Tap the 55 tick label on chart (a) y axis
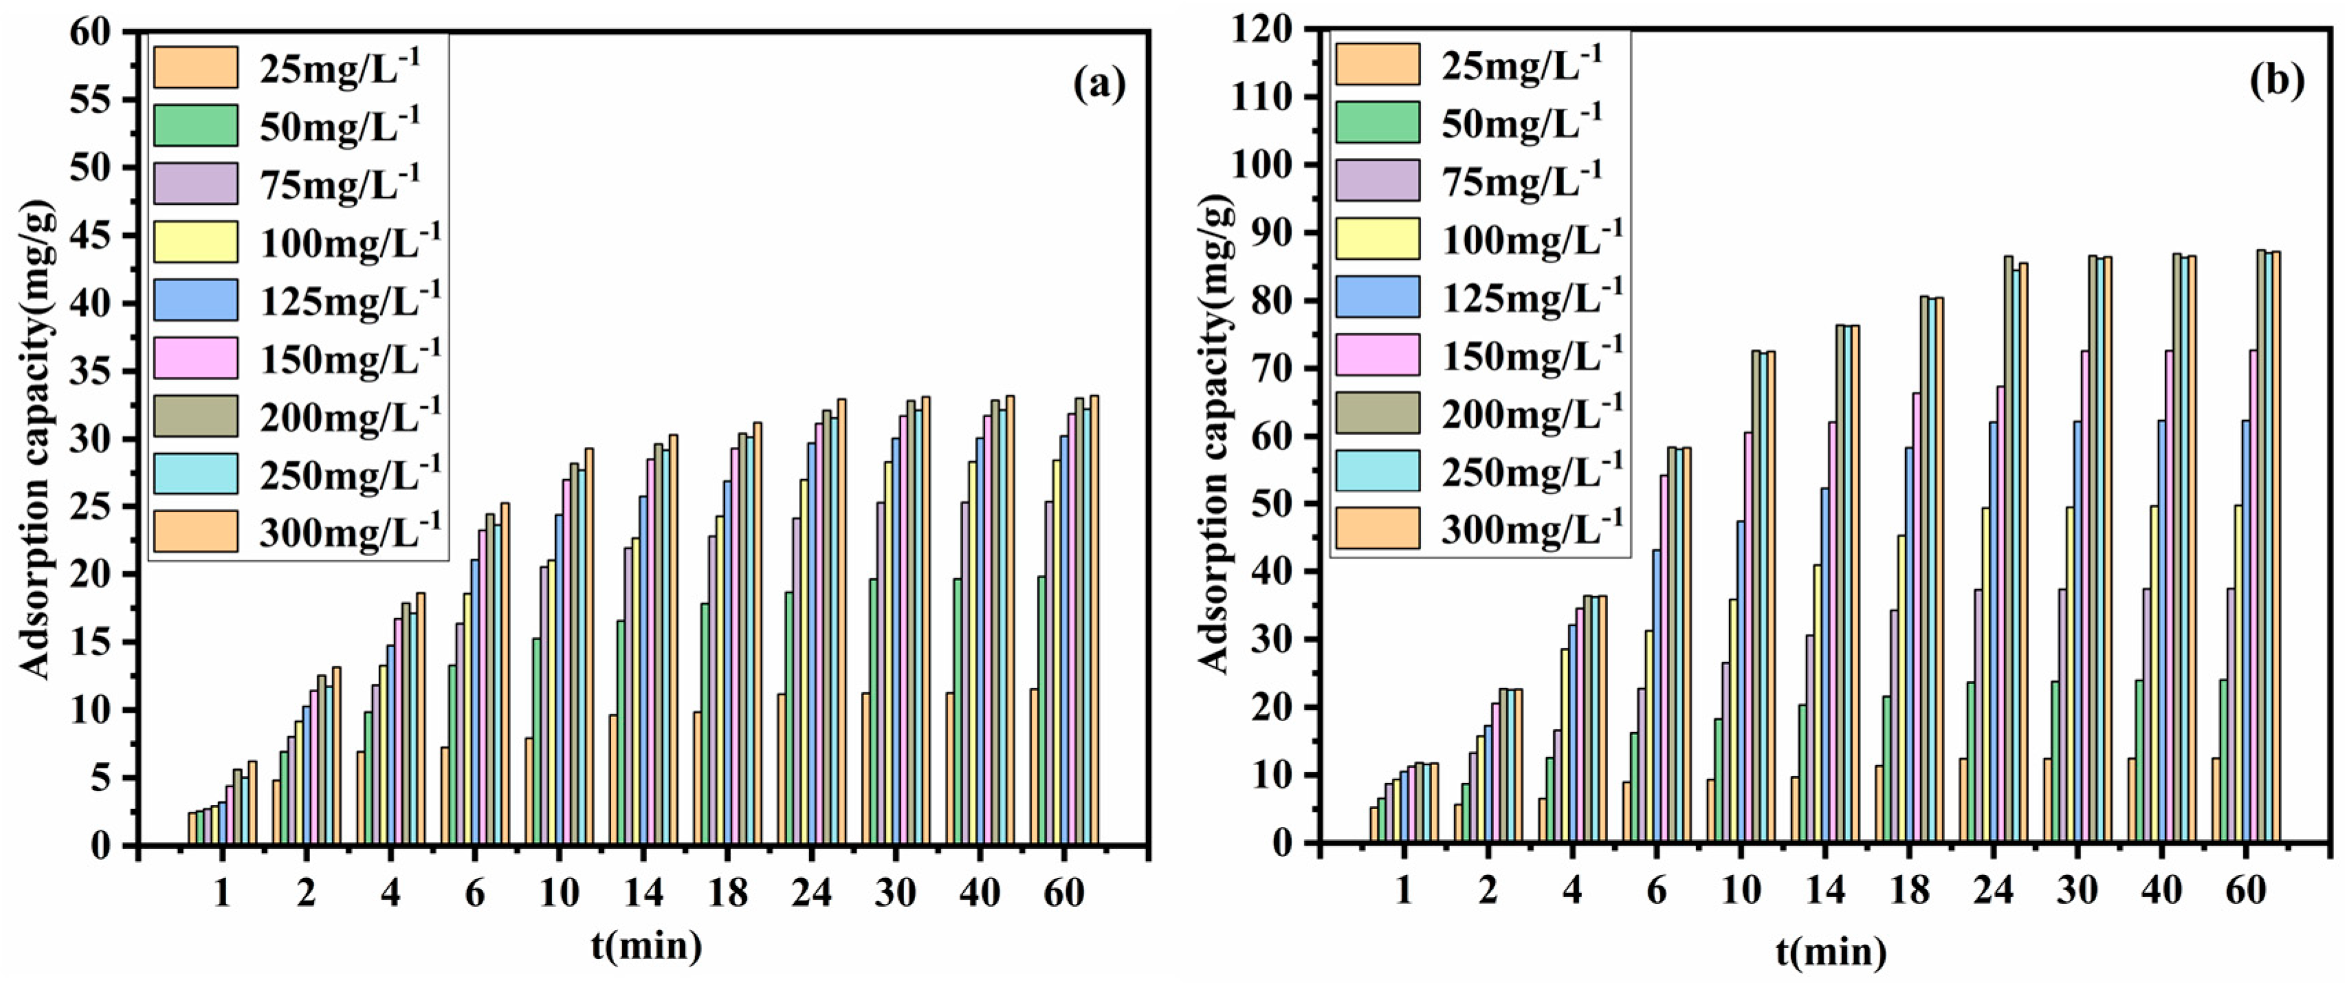pyautogui.click(x=93, y=100)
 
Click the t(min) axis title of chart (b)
pyautogui.click(x=1831, y=952)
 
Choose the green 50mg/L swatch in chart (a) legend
pyautogui.click(x=196, y=126)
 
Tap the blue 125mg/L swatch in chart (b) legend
pyautogui.click(x=1377, y=297)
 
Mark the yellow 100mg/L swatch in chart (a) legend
pyautogui.click(x=196, y=242)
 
